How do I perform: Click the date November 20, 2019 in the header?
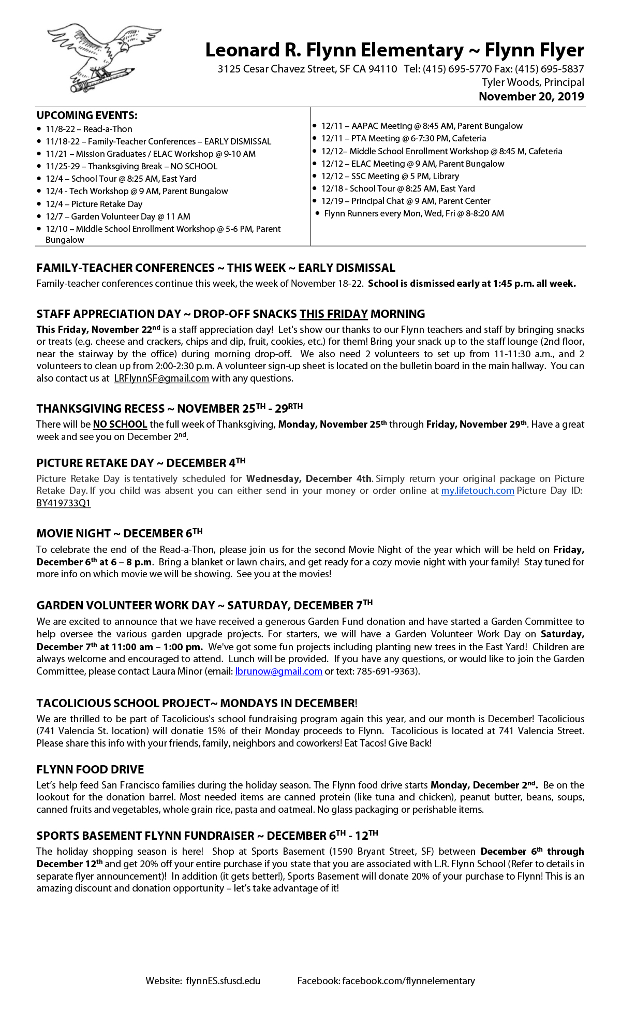coord(531,97)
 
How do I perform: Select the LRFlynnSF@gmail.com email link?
coord(161,378)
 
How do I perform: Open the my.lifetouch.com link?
coord(477,491)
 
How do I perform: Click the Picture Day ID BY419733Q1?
coord(64,503)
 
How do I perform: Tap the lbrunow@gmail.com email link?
coord(278,671)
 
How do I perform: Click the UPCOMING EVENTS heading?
coord(87,115)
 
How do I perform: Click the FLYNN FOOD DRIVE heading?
coord(90,769)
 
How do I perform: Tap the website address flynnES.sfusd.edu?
coord(223,981)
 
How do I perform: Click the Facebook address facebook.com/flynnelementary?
coord(408,981)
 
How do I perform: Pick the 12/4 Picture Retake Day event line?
coord(94,204)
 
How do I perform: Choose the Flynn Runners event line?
coord(413,213)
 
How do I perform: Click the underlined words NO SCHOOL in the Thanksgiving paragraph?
coord(120,425)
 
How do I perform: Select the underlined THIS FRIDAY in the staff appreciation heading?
coord(333,314)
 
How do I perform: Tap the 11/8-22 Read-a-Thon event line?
coord(88,129)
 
